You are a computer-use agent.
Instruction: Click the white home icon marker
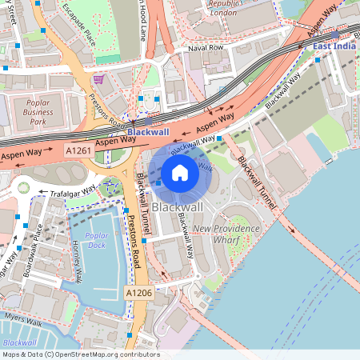[180, 173]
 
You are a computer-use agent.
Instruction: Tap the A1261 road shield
[78, 150]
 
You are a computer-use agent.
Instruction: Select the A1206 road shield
[138, 294]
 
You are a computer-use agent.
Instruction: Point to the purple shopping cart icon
[98, 79]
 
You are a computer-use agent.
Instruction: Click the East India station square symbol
[334, 35]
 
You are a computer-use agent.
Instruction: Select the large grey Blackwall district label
[177, 206]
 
